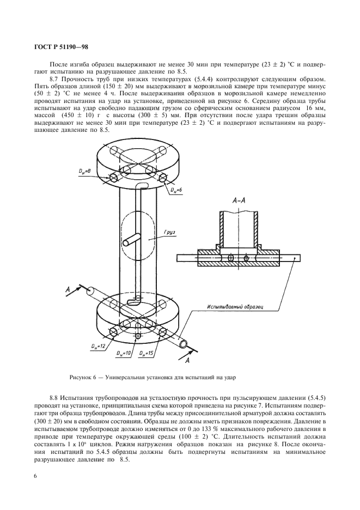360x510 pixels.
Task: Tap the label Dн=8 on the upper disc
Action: pyautogui.click(x=83, y=171)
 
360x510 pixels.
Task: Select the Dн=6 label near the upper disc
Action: pyautogui.click(x=173, y=190)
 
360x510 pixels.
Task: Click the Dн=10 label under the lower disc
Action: pyautogui.click(x=124, y=354)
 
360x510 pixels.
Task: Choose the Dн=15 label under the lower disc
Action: pyautogui.click(x=145, y=354)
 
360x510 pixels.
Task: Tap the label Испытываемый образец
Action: pyautogui.click(x=235, y=308)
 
